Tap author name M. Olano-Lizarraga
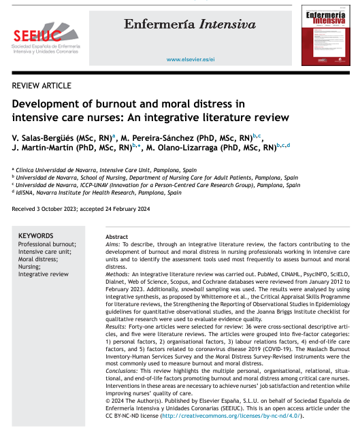(x=189, y=146)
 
